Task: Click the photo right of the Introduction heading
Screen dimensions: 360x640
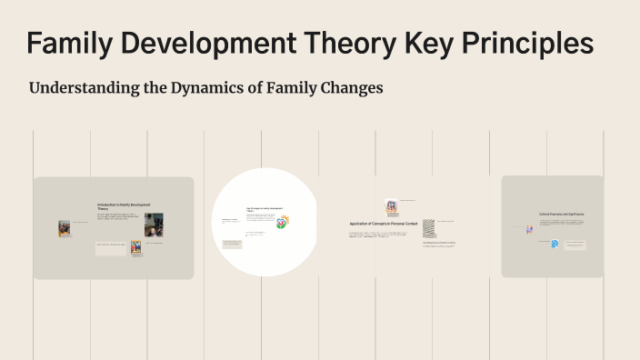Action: click(154, 223)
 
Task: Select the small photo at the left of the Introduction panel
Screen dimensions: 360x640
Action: click(65, 228)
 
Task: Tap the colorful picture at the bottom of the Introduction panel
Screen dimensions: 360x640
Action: click(135, 247)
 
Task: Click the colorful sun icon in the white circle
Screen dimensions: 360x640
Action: click(284, 222)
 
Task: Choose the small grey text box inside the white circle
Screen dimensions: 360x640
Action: click(231, 244)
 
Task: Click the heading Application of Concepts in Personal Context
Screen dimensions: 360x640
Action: click(382, 224)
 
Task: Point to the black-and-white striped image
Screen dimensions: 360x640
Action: click(428, 227)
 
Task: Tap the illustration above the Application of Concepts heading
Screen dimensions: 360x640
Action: click(391, 207)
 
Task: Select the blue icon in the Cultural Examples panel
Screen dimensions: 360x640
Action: click(554, 244)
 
